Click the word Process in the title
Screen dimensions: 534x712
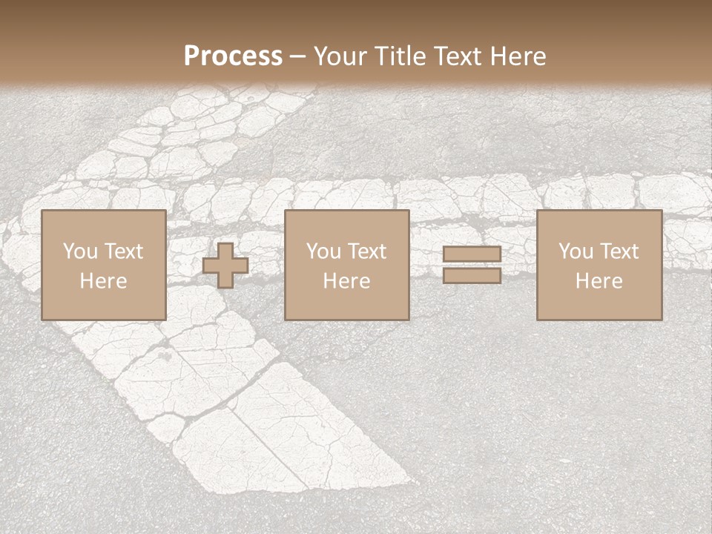(x=233, y=56)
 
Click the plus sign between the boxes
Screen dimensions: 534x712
(x=225, y=266)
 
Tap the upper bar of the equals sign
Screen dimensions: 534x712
(x=472, y=255)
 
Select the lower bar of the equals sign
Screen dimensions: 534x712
(x=472, y=276)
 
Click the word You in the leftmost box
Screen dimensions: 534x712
(x=79, y=251)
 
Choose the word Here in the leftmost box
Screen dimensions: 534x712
(x=103, y=281)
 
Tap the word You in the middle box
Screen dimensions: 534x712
(x=323, y=251)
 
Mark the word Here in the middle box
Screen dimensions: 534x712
(x=347, y=281)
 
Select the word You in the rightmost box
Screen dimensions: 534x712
(x=576, y=251)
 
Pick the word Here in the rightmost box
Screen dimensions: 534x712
(x=599, y=281)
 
